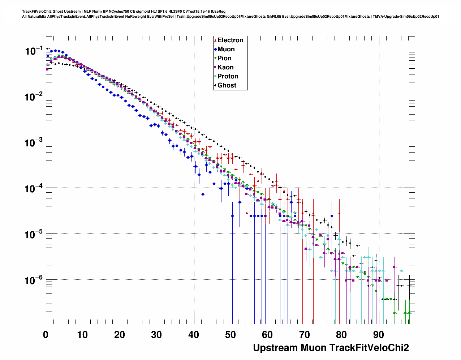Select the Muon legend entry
click(226, 49)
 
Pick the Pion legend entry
click(224, 58)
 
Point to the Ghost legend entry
click(227, 85)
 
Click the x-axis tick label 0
click(46, 335)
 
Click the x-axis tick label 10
click(82, 335)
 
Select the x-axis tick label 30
click(156, 335)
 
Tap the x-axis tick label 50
click(231, 335)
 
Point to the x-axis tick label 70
click(305, 335)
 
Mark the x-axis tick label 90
click(378, 335)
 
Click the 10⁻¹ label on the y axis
click(34, 51)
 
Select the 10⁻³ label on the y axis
click(34, 143)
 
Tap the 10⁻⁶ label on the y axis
click(34, 280)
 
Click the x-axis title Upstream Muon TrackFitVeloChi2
click(331, 348)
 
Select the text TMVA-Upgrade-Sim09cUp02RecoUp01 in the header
click(406, 16)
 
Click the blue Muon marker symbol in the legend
click(215, 50)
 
